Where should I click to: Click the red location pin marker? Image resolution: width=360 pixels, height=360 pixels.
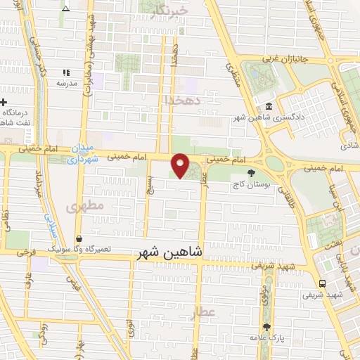pos(181,165)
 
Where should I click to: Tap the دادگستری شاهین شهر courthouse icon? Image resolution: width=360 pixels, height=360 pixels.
pos(269,106)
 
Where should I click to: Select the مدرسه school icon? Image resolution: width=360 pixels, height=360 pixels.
pos(67,72)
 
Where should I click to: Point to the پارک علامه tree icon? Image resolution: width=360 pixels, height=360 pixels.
pos(266,327)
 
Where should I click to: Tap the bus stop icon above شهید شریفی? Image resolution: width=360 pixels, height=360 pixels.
pos(322,283)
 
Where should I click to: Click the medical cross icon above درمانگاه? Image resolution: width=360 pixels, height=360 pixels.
pos(4,103)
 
